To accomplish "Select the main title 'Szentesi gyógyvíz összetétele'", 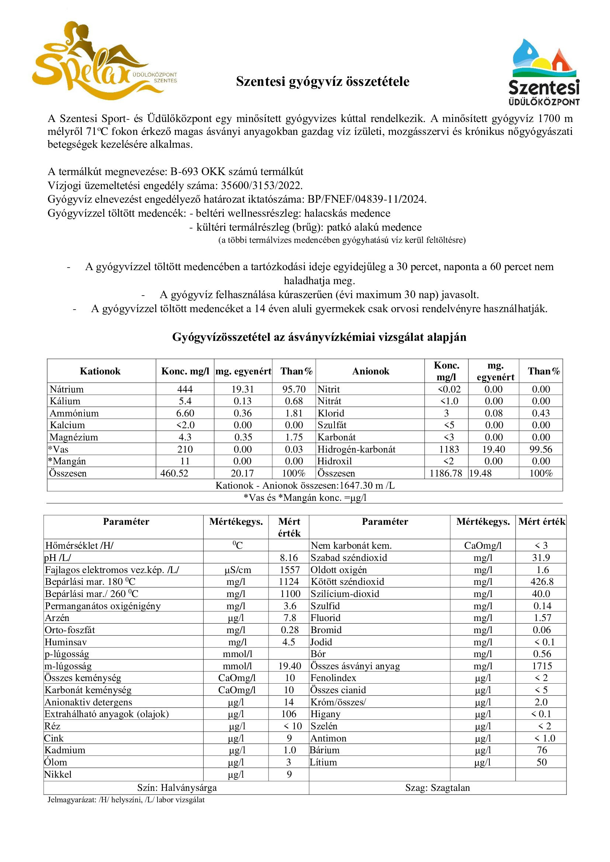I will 323,81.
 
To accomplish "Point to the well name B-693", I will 184,172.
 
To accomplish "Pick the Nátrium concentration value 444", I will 185,389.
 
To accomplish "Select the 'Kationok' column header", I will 100,371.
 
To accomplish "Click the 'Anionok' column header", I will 370,371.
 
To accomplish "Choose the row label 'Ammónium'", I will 74,413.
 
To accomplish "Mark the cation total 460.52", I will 174,474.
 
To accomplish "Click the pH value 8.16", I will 288,558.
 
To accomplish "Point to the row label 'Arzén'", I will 57,618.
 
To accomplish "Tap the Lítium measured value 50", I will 542,762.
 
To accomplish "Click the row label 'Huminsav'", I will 66,642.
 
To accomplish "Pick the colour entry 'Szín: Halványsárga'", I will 177,788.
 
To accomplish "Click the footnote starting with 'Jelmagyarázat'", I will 126,800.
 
